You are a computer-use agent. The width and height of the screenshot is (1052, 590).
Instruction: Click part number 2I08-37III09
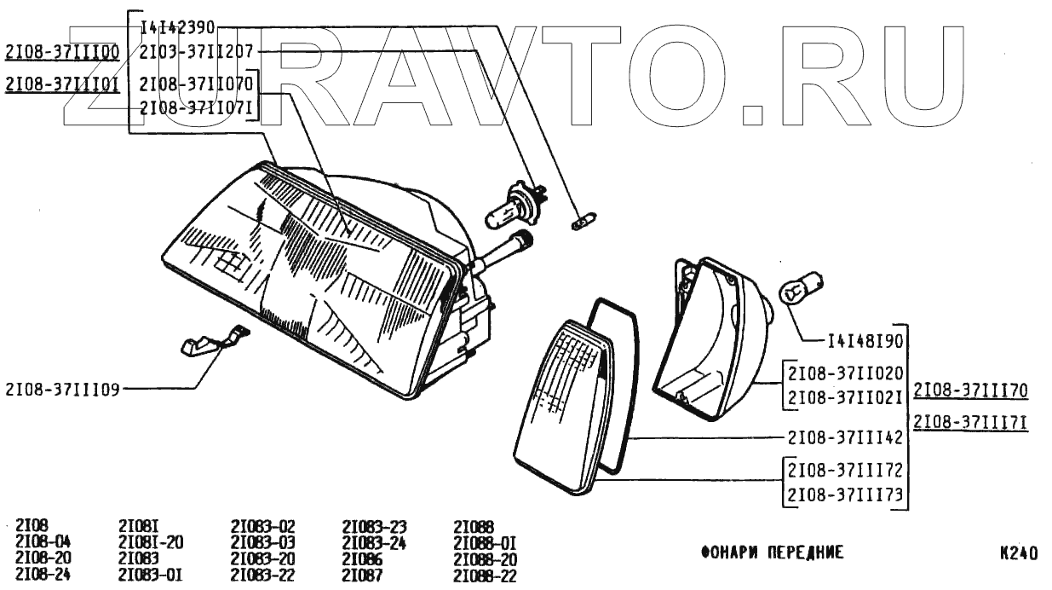pos(62,389)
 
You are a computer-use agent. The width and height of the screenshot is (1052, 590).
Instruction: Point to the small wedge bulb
pos(580,224)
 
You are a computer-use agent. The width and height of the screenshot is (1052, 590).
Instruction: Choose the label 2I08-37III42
pos(845,438)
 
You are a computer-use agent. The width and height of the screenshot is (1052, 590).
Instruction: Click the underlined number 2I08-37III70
pos(970,391)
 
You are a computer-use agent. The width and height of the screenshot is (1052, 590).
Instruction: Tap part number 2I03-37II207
pos(196,51)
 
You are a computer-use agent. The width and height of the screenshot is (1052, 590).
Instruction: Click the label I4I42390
pos(177,28)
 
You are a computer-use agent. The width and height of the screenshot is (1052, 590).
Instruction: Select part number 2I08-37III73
pos(845,495)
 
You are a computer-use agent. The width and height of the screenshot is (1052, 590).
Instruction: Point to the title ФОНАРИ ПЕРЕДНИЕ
pos(772,552)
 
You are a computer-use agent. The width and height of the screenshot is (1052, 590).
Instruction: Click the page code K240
pos(1018,552)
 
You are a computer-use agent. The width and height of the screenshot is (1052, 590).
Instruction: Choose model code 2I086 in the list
pos(361,558)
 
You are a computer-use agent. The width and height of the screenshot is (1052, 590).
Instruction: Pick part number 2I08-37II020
pos(845,373)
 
